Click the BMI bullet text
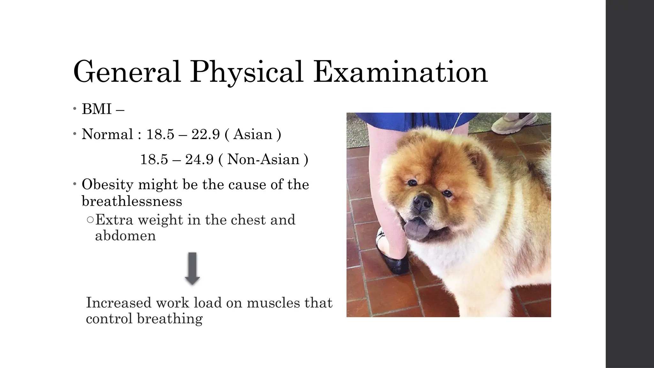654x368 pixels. [x=97, y=109]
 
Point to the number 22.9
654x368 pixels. [x=206, y=134]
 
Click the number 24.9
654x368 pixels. [x=199, y=159]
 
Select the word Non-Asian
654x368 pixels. [x=263, y=159]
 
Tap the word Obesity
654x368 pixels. [x=107, y=185]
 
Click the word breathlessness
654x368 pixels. [x=132, y=201]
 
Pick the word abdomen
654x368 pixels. [x=125, y=236]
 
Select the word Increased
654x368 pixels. [x=118, y=303]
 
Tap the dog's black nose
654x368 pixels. [x=422, y=203]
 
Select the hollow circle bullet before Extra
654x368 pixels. [x=90, y=220]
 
